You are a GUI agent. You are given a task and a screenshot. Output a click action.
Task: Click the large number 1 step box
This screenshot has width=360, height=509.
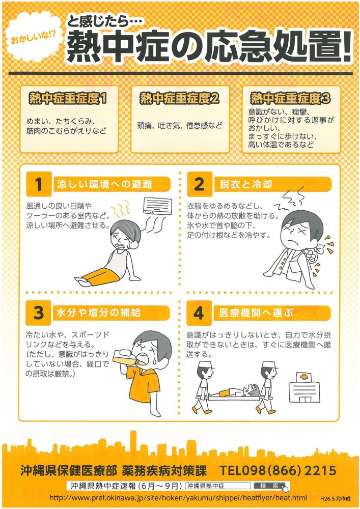(39, 184)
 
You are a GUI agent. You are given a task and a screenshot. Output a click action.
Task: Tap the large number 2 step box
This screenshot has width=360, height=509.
(199, 184)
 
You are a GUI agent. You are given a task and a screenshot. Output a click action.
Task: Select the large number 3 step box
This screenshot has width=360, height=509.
(39, 313)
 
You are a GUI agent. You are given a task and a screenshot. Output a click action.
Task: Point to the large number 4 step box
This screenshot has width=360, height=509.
(199, 313)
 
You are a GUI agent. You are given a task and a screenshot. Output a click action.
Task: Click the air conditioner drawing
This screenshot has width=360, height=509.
(158, 205)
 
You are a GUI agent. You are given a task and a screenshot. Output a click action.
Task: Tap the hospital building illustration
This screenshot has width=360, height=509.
(304, 387)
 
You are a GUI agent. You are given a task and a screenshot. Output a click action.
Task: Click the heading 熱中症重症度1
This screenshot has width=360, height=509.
(68, 98)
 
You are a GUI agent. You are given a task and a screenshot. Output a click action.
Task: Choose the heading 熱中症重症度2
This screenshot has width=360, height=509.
(179, 98)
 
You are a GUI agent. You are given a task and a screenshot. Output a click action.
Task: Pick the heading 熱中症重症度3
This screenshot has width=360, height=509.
(291, 98)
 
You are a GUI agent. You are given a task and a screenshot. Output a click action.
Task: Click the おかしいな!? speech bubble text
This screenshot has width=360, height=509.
(34, 40)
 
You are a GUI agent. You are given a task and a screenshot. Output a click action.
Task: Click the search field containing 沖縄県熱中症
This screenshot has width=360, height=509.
(218, 486)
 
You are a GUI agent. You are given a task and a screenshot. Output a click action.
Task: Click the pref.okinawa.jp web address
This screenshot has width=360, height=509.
(178, 497)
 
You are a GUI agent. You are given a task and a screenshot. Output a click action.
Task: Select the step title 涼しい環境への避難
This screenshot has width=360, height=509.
(104, 184)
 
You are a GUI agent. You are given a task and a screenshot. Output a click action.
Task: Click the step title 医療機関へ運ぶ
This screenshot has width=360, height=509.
(257, 313)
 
